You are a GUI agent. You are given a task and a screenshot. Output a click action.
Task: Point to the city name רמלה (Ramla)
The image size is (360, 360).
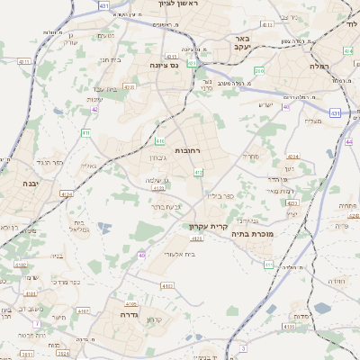(319, 67)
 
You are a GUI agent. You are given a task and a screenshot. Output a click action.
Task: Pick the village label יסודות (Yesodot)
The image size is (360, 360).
(299, 317)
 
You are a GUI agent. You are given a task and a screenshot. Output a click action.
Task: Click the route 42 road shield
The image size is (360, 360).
(94, 110)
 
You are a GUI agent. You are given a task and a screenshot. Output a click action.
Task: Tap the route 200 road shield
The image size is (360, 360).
(259, 70)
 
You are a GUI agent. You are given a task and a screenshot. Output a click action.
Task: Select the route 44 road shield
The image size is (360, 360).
(349, 141)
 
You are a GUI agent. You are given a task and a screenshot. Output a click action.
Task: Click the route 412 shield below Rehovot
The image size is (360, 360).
(198, 172)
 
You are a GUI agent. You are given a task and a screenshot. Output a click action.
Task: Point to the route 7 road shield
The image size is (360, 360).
(36, 323)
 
